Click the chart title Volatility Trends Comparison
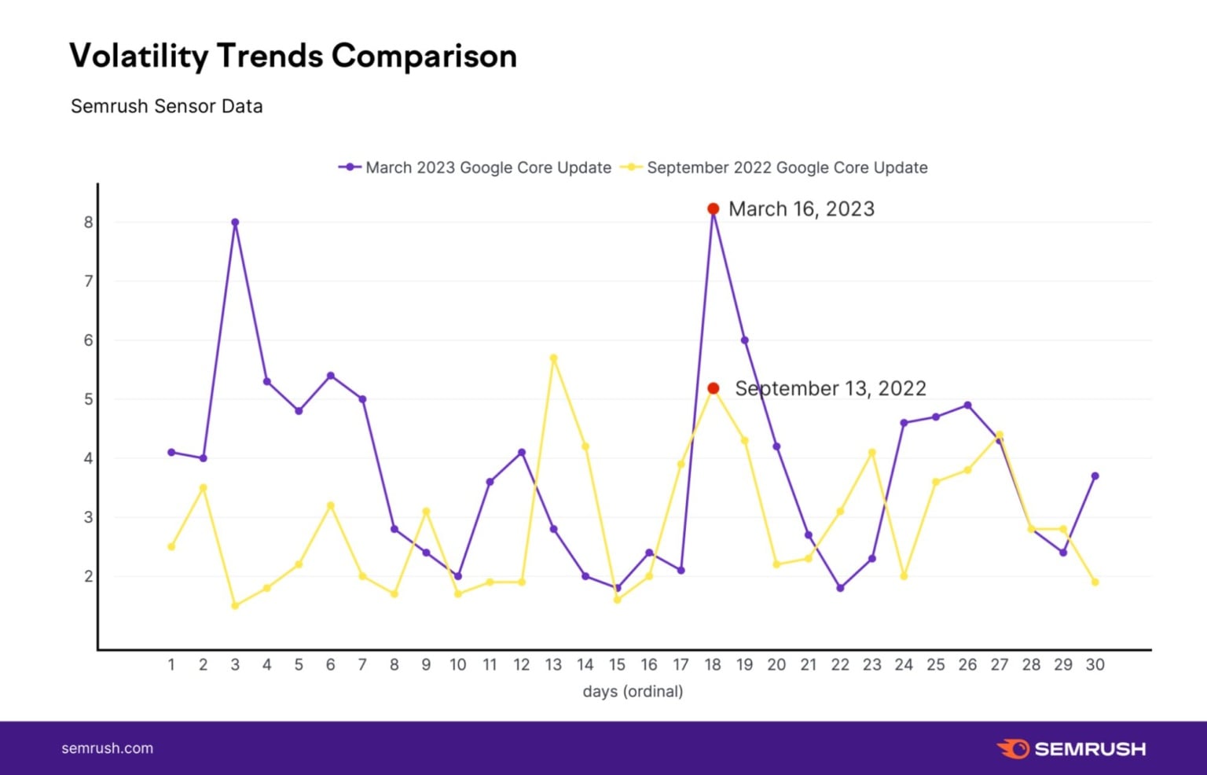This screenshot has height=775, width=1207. tap(293, 57)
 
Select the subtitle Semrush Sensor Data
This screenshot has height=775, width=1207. tap(167, 106)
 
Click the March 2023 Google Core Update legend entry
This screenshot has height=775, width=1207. tap(475, 167)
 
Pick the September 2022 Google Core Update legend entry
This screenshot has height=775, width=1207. tap(774, 167)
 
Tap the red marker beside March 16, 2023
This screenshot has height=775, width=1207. tap(713, 209)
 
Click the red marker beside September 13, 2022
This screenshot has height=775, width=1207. tap(713, 388)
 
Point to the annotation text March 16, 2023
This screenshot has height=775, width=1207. tap(801, 209)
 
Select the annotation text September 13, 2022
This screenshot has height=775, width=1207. tap(830, 388)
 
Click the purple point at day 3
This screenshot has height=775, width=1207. tap(235, 222)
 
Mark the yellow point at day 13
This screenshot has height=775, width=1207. tap(553, 358)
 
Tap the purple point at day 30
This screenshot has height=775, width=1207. tap(1095, 476)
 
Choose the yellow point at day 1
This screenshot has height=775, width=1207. tap(171, 546)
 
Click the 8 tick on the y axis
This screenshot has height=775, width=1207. tap(89, 222)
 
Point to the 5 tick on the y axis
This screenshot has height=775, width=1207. tap(89, 399)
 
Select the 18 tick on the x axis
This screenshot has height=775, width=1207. tap(713, 665)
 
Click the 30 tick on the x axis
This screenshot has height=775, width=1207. tap(1095, 665)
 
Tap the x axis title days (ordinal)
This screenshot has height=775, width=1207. tap(633, 692)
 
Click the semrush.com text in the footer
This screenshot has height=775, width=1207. tap(108, 748)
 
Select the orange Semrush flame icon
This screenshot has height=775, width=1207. tap(1013, 748)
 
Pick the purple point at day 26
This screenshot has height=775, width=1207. tap(967, 406)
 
